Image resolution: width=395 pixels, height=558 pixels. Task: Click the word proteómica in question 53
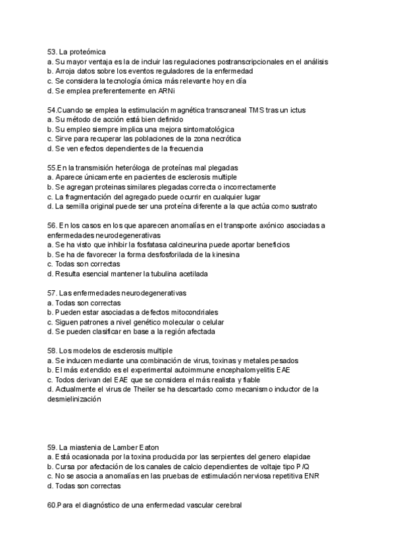pyautogui.click(x=88, y=51)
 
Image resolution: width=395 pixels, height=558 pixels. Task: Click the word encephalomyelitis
pyautogui.click(x=232, y=370)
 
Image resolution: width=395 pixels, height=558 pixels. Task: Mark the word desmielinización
pyautogui.click(x=75, y=399)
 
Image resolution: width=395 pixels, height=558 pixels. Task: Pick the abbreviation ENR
pyautogui.click(x=311, y=476)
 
